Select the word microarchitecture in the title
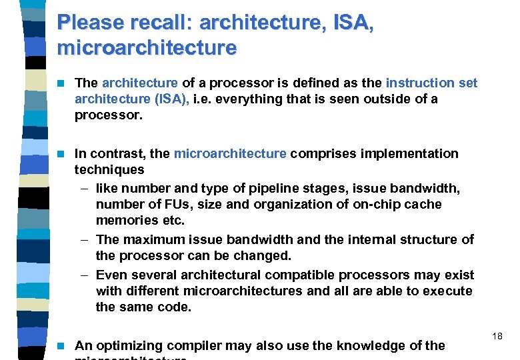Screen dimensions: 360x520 point(147,48)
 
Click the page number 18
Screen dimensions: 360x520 point(497,337)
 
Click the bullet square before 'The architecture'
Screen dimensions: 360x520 point(61,83)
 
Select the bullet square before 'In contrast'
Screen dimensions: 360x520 point(61,154)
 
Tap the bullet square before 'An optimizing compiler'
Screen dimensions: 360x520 point(61,346)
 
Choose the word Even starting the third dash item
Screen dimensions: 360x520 point(111,275)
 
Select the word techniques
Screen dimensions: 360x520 point(109,170)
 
